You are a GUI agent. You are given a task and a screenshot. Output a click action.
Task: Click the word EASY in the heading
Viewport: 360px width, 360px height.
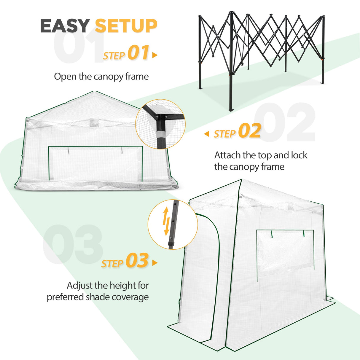point(65,26)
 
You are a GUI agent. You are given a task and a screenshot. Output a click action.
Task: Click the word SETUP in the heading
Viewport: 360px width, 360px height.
point(126,26)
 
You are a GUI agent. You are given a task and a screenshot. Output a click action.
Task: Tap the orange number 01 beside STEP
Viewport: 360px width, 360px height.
point(138,53)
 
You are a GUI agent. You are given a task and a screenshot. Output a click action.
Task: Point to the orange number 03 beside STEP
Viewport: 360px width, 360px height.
point(137,261)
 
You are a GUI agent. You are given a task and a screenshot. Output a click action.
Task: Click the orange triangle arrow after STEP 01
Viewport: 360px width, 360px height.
point(154,55)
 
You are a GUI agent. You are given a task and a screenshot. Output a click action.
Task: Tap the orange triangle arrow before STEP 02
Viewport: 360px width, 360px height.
point(207,134)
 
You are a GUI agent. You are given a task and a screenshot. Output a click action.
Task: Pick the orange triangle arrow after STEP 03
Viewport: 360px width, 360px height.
point(154,263)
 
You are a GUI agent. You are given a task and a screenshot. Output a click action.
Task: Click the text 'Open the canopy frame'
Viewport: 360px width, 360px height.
point(101,77)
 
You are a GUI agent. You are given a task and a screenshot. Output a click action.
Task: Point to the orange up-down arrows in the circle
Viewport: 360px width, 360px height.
point(166,221)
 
